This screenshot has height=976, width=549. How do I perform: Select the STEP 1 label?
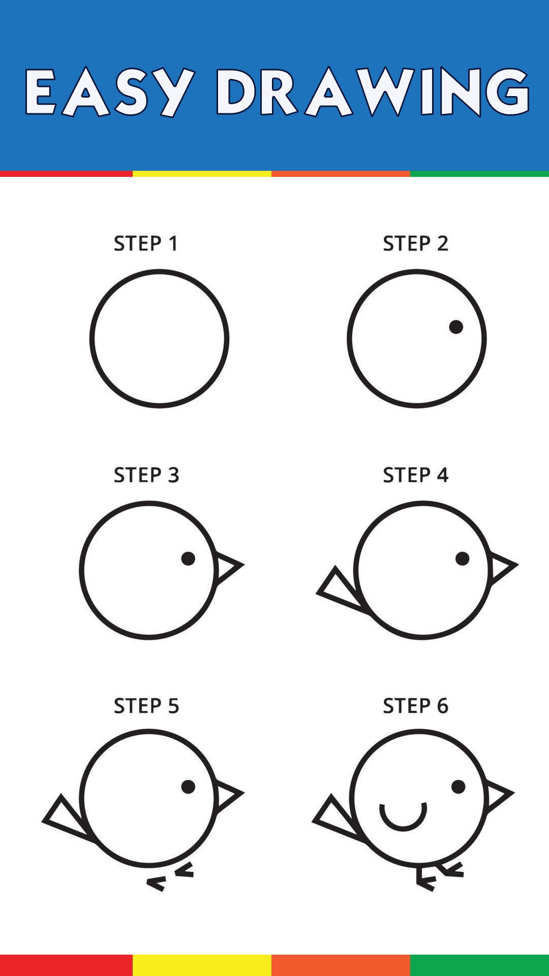[x=146, y=243]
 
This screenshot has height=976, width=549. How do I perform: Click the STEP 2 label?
[x=415, y=243]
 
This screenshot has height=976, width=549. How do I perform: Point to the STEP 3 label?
[x=146, y=475]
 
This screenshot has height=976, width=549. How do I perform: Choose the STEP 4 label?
[x=416, y=475]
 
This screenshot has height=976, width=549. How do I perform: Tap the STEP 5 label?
[x=146, y=706]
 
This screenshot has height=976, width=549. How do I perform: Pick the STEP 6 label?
[x=416, y=706]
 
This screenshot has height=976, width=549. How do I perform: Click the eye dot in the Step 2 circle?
[x=456, y=327]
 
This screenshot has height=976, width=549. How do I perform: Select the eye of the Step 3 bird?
[x=188, y=559]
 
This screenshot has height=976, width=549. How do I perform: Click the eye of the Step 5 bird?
[x=188, y=787]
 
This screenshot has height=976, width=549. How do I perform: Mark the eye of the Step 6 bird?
[x=459, y=787]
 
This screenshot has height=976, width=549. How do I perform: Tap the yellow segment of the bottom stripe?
[x=202, y=965]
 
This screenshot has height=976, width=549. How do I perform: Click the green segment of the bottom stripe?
[x=479, y=965]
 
